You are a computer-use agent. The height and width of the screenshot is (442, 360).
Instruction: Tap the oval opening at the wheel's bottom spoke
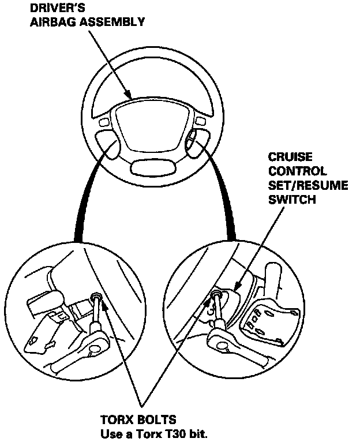(150, 168)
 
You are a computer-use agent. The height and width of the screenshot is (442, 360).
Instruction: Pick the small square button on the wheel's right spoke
(200, 121)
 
